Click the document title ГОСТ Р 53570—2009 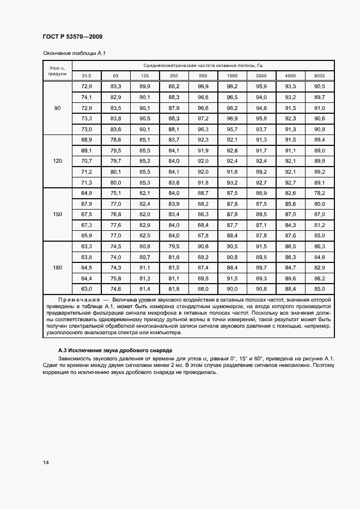72,36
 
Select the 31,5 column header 87,75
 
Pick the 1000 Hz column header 232,75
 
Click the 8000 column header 320,75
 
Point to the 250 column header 174,75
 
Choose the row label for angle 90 57,108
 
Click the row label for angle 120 57,161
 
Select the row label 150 57,214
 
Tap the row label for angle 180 57,267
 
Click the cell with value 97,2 203,118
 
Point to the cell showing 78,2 320,193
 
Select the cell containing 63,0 87,289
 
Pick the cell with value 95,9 261,87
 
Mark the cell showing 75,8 115,278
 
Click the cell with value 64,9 87,193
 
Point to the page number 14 45,463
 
